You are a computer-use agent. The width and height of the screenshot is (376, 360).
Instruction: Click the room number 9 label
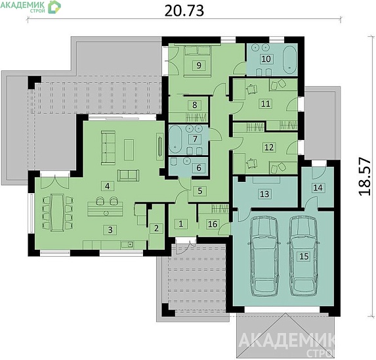(199, 65)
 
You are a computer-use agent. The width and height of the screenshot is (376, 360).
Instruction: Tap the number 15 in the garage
(304, 256)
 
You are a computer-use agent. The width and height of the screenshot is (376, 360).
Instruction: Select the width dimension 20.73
(184, 11)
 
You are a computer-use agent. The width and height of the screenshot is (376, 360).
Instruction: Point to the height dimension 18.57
(365, 177)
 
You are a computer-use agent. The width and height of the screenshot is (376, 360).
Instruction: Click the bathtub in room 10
(290, 59)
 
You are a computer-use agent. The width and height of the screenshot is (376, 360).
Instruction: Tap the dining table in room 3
(58, 213)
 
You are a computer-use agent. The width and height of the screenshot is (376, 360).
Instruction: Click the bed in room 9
(198, 61)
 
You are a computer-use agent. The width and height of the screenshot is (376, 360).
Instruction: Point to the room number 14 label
(318, 187)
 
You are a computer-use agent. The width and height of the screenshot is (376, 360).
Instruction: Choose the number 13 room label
(264, 194)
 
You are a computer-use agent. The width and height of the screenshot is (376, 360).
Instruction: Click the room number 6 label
(199, 168)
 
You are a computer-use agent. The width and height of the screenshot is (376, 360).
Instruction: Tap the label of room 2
(156, 228)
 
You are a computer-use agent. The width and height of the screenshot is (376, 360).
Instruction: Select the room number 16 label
(213, 224)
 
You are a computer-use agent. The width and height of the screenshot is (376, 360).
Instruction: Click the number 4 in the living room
(108, 186)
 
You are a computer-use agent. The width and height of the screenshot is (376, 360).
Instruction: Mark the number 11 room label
(266, 104)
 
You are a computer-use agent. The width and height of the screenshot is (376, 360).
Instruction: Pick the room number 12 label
(269, 147)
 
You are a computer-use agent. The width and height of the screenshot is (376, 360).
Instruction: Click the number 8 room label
(195, 104)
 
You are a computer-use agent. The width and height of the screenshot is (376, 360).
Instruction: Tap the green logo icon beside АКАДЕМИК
(54, 7)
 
